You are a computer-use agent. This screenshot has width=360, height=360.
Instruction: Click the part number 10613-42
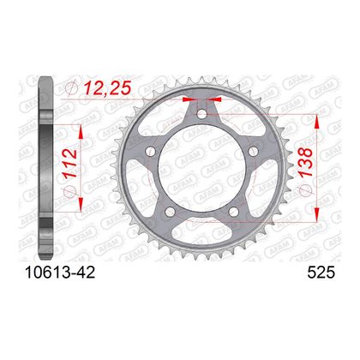click(60, 273)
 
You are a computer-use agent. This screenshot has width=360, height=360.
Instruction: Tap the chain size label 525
click(321, 273)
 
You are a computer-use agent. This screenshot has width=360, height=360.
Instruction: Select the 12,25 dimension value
click(107, 87)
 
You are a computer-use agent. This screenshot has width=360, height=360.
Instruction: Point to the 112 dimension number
click(70, 163)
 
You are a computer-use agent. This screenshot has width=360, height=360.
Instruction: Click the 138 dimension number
click(305, 162)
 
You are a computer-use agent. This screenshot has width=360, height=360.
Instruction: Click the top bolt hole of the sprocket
click(201, 114)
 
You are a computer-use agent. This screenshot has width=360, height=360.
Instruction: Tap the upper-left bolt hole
click(150, 151)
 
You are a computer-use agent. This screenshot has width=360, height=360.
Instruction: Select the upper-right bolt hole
click(253, 151)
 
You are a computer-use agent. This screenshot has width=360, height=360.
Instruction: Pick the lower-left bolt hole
click(170, 212)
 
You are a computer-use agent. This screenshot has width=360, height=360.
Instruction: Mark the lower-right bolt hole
click(234, 212)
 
